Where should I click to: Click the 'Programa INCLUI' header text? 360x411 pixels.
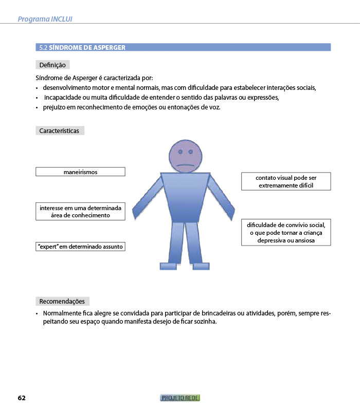45,19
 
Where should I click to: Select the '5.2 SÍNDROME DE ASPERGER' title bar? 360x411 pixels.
184,47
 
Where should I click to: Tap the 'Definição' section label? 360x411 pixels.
52,65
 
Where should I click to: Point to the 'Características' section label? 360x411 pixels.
59,131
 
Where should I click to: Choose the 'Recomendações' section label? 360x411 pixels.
62,301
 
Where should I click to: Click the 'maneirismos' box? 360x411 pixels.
80,172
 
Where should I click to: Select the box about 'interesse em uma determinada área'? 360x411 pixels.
80,212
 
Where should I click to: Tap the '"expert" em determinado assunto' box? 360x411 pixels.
80,247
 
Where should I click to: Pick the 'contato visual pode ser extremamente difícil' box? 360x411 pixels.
286,181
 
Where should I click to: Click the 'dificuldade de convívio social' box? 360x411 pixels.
286,232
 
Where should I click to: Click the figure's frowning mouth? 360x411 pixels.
185,165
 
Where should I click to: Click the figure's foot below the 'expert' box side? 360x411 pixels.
168,266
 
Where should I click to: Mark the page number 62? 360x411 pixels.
22,398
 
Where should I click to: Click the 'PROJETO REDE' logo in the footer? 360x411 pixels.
180,398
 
